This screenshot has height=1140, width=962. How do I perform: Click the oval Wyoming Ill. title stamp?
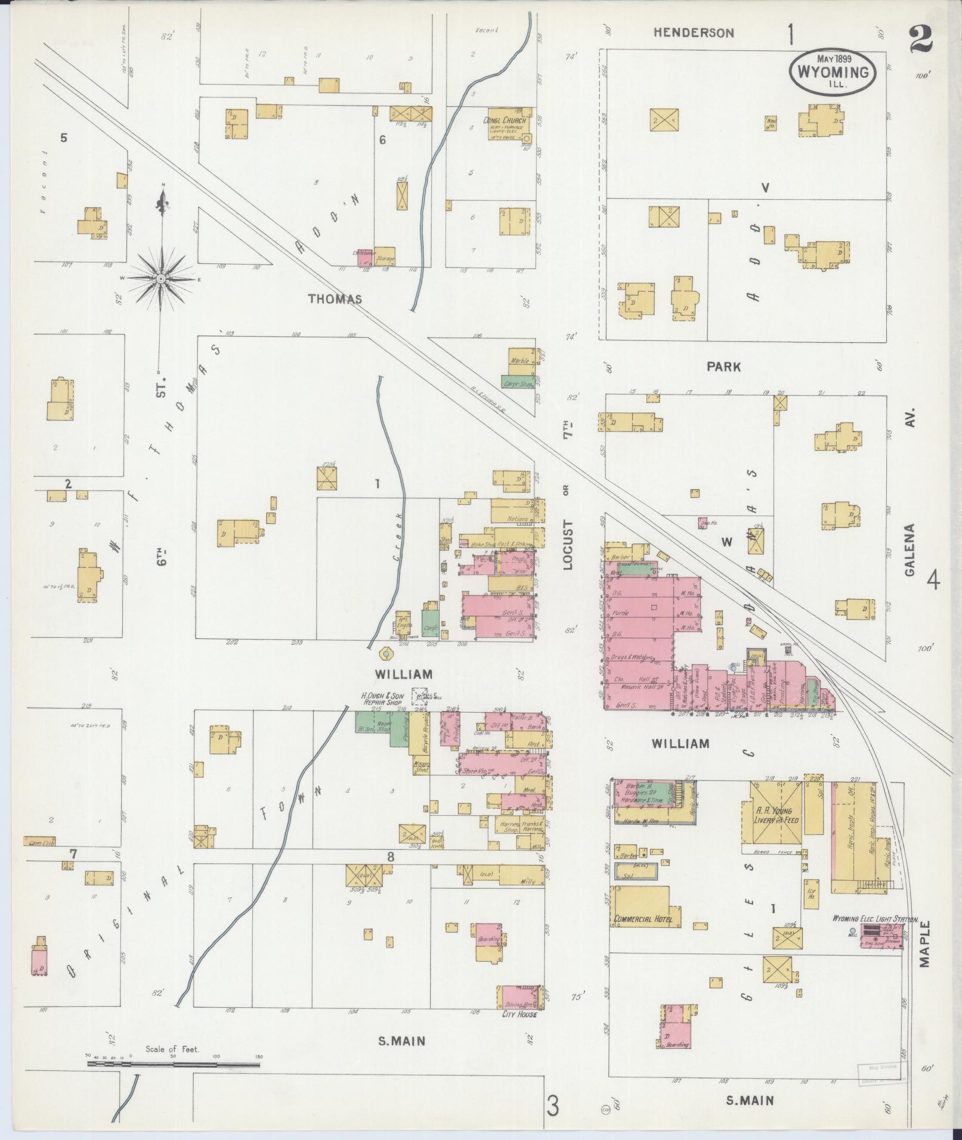[833, 70]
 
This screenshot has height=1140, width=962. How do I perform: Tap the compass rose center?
[161, 278]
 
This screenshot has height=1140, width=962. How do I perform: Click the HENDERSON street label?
[693, 33]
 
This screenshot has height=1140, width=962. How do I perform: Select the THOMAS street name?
[335, 299]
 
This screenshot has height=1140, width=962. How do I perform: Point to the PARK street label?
[723, 367]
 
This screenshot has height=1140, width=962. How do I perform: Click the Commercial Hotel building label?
[643, 936]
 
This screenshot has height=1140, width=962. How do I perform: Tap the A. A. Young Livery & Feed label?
[774, 816]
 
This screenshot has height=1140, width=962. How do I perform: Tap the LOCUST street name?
[567, 545]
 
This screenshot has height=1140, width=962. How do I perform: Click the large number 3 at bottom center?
[553, 1108]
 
